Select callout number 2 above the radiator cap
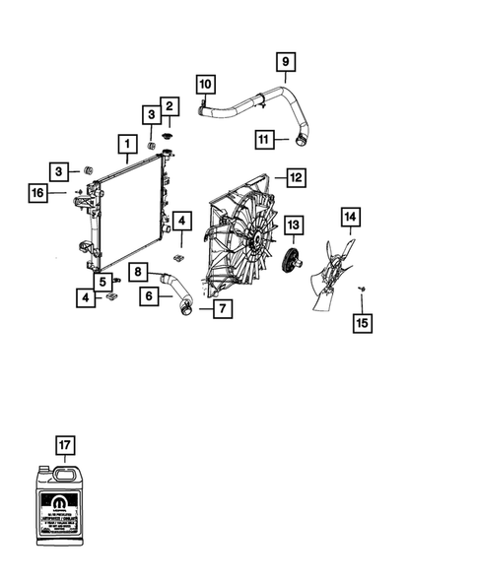click(170, 105)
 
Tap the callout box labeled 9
click(285, 63)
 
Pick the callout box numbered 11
click(263, 139)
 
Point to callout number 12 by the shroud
click(295, 178)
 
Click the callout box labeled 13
click(293, 226)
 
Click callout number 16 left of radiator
click(36, 194)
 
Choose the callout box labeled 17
click(64, 447)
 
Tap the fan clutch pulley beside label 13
click(291, 262)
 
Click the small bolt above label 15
click(363, 289)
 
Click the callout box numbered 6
click(149, 293)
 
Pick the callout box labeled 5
click(102, 279)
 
